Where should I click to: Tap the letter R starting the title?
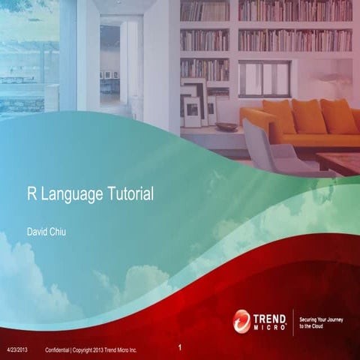click(x=31, y=194)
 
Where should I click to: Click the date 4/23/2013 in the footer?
click(x=17, y=351)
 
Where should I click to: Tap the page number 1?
click(x=181, y=348)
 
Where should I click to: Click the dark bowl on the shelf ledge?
click(x=226, y=127)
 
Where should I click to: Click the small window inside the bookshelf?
click(x=263, y=79)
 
